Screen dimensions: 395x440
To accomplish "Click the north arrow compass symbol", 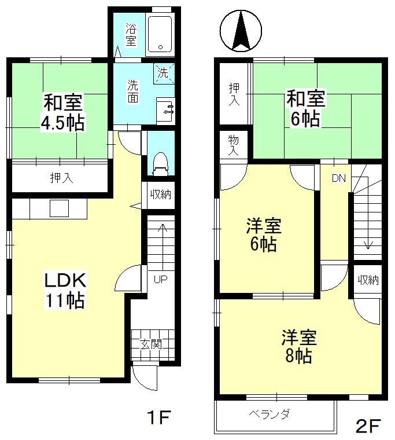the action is click(x=241, y=31).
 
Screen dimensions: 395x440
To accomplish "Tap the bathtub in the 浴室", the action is click(x=160, y=34).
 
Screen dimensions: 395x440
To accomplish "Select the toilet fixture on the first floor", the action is click(x=160, y=164).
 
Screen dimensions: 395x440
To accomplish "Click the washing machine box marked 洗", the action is click(x=164, y=74).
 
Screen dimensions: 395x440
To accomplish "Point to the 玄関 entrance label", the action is click(x=151, y=344).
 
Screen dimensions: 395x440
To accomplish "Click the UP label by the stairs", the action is click(x=161, y=279).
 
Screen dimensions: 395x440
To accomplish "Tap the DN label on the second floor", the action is click(x=339, y=178).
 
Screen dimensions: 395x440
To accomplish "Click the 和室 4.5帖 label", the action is click(x=63, y=113).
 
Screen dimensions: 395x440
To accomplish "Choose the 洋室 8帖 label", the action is click(x=299, y=347).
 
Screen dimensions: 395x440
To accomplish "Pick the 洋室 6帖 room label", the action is click(x=264, y=235).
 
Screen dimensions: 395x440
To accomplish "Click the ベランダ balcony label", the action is click(x=269, y=414).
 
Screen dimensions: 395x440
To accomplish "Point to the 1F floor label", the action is click(x=158, y=417).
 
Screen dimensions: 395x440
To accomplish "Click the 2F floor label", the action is click(x=368, y=426).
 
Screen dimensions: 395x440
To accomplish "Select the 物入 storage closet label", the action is click(x=233, y=145).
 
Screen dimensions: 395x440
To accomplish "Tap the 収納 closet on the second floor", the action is click(x=368, y=280).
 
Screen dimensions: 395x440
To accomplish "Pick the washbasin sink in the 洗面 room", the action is click(x=165, y=111).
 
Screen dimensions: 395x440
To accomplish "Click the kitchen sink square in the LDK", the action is click(x=59, y=208).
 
